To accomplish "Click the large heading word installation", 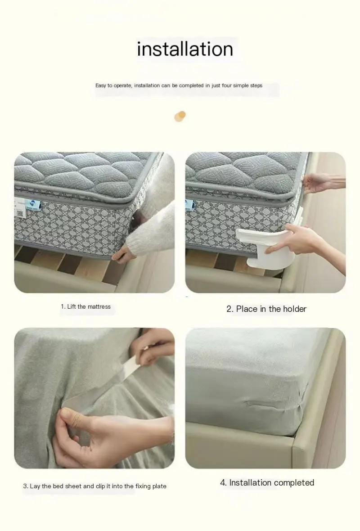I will [185, 49].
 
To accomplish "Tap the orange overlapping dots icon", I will [180, 116].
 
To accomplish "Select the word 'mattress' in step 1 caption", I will [99, 307].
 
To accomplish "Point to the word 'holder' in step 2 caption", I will [294, 309].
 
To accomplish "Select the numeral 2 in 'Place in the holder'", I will [229, 309].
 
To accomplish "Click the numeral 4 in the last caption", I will [223, 483].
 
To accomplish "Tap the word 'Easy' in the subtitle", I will [101, 85].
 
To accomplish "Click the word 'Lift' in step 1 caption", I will [72, 307].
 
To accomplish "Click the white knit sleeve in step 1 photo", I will [153, 225].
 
